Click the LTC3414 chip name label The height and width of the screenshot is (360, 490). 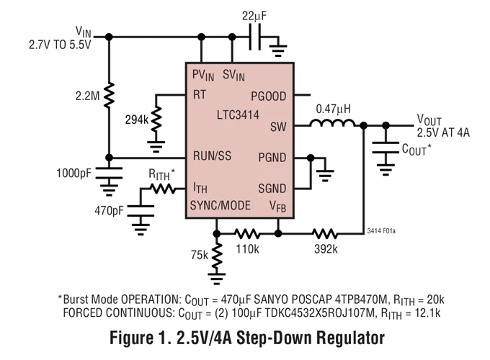point(238,115)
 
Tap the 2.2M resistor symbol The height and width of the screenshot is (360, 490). point(109,93)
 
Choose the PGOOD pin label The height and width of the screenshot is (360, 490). point(268,95)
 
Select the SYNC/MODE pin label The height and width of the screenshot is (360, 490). point(220,206)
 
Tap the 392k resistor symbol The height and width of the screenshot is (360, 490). point(324,233)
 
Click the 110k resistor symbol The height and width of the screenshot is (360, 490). point(246,233)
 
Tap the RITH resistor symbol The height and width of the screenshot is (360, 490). point(163,189)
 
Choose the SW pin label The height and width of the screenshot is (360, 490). point(278,127)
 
